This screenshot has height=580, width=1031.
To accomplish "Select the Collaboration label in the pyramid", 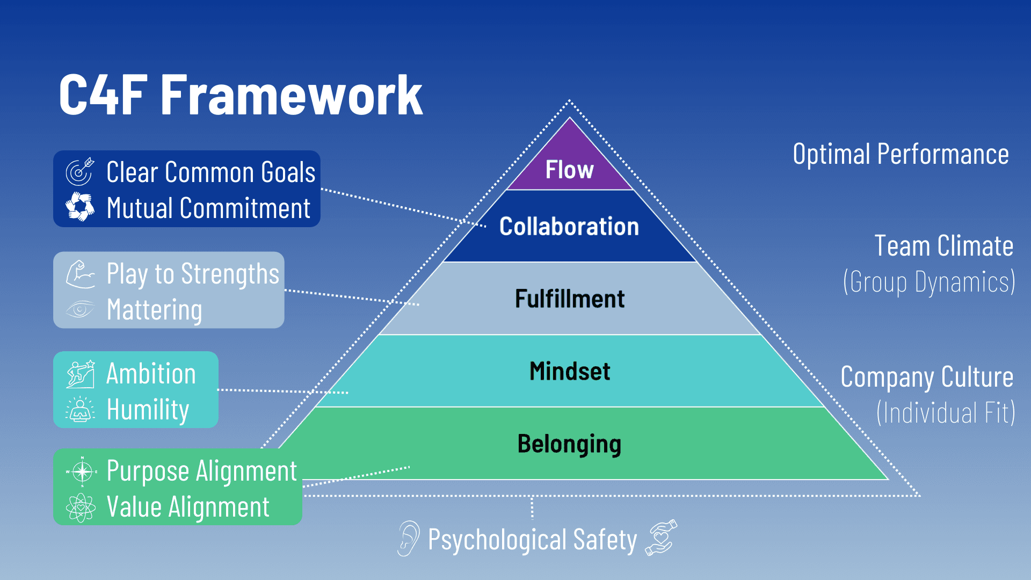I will pyautogui.click(x=569, y=227).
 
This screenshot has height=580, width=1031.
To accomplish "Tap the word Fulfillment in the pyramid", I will pyautogui.click(x=570, y=299).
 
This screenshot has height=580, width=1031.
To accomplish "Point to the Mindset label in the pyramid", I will pyautogui.click(x=570, y=371).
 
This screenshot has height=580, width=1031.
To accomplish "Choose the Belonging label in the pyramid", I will pyautogui.click(x=569, y=444).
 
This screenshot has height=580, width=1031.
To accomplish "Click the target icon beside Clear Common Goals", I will pyautogui.click(x=80, y=172).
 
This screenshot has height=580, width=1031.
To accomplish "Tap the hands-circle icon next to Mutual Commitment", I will pyautogui.click(x=80, y=207).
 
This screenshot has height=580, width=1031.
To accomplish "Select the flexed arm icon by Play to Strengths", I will pyautogui.click(x=80, y=274).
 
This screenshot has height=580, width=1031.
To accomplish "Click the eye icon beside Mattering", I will pyautogui.click(x=80, y=309).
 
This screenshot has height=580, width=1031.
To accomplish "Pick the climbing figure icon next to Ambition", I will pyautogui.click(x=81, y=374).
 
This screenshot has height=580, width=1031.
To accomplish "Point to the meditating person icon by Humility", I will pyautogui.click(x=81, y=409).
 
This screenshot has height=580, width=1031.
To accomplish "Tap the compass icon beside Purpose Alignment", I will pyautogui.click(x=82, y=472).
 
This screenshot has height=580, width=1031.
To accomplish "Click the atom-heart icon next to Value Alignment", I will pyautogui.click(x=81, y=507).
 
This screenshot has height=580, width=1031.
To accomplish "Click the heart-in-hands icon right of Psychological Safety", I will pyautogui.click(x=661, y=538).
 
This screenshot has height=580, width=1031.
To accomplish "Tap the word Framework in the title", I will pyautogui.click(x=292, y=96).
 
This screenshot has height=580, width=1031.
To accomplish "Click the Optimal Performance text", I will pyautogui.click(x=901, y=155).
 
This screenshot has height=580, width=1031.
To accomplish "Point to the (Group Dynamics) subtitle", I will pyautogui.click(x=928, y=282).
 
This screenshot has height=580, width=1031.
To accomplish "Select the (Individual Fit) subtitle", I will pyautogui.click(x=945, y=412).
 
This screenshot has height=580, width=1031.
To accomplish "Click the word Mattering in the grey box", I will pyautogui.click(x=155, y=310).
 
